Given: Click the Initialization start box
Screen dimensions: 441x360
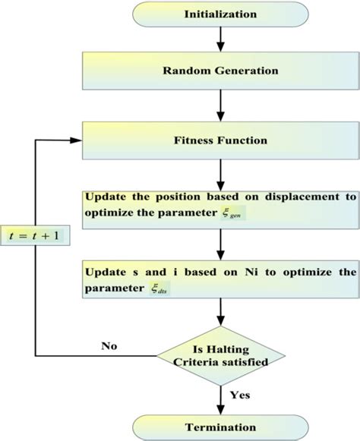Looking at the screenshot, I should tap(219, 14).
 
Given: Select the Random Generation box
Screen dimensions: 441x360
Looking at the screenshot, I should tap(219, 71).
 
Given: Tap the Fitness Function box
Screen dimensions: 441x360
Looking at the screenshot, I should tap(219, 140).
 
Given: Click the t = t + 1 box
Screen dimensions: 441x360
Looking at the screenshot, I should tap(36, 235).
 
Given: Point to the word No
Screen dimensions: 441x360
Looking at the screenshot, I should tap(110, 345).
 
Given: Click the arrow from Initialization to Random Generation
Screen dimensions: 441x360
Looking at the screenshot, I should tap(219, 38).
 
